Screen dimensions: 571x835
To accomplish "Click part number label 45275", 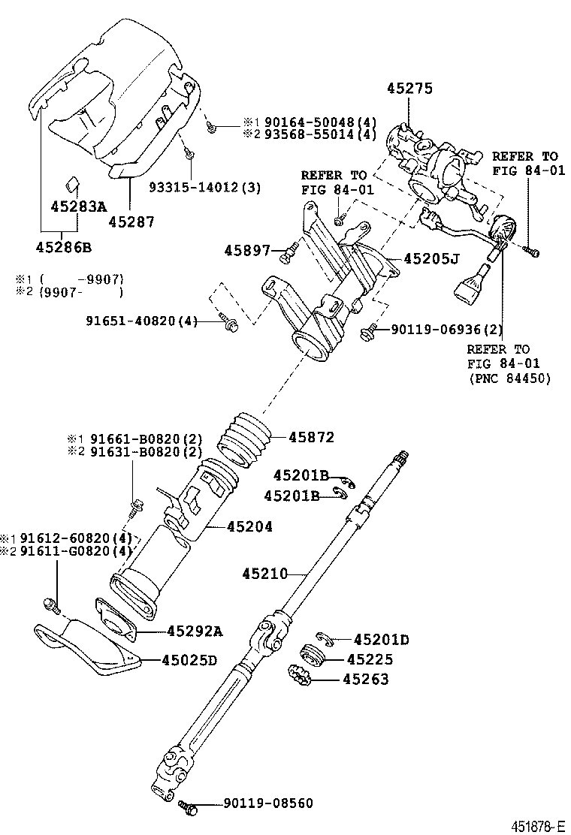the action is (x=409, y=89).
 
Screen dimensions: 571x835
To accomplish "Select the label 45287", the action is (x=131, y=222).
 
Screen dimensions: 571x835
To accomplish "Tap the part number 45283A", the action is (x=78, y=206).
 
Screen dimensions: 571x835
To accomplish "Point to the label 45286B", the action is (x=64, y=247).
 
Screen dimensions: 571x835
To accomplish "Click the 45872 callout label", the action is (x=312, y=437).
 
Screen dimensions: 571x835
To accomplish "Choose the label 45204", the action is (x=249, y=526).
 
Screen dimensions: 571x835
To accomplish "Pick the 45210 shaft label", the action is (x=264, y=574).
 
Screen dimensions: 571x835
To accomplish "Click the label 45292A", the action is (x=195, y=632).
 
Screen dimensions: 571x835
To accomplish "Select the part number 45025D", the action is (x=189, y=660).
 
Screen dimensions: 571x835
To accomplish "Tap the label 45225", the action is (x=370, y=659).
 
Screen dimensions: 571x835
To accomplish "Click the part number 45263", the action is (x=365, y=680).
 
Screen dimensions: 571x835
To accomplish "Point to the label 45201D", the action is (x=382, y=639).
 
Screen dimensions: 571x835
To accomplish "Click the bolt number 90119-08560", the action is (x=268, y=803).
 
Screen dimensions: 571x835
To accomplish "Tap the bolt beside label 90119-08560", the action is (x=187, y=806).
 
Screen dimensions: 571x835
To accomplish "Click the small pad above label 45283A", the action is (x=72, y=183).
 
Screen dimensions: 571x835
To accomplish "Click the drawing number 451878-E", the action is (x=538, y=826).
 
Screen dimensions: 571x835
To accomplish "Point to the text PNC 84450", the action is (x=509, y=378).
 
